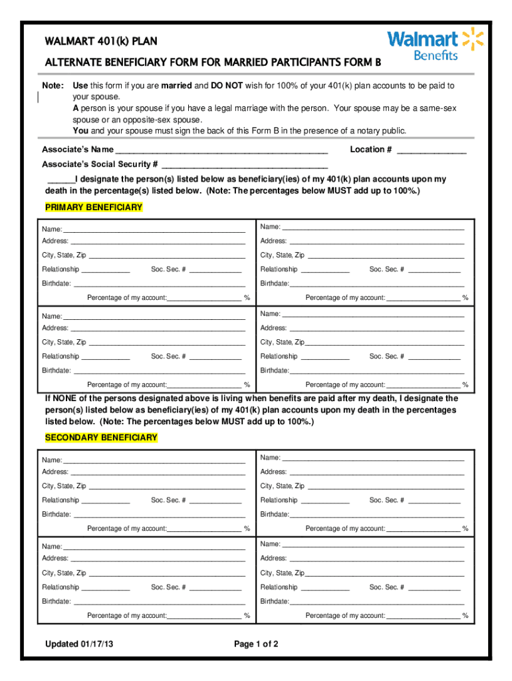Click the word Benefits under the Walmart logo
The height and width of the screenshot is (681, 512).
(436, 56)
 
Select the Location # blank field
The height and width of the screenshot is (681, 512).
(432, 150)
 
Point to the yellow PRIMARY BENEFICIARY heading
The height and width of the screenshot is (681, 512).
(94, 207)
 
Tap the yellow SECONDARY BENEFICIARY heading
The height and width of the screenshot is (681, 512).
(101, 438)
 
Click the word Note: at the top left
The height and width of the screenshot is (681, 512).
(53, 86)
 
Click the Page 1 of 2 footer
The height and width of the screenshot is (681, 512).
(256, 644)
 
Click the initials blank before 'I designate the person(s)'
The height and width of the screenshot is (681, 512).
(60, 180)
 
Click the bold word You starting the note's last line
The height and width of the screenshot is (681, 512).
(80, 131)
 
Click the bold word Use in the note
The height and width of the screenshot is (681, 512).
(80, 86)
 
